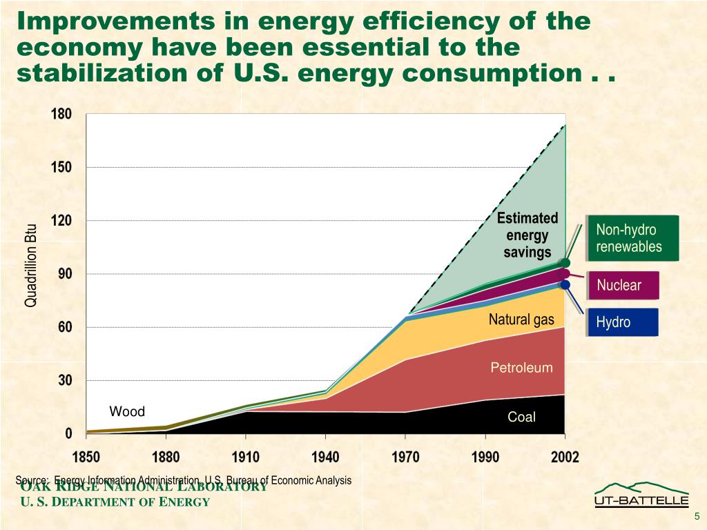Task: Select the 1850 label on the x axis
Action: (x=87, y=457)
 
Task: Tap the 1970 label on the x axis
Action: (x=405, y=457)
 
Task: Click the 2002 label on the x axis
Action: (x=565, y=457)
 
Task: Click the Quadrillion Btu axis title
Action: (x=31, y=266)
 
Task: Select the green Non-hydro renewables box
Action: (x=629, y=238)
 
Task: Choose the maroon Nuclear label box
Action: (x=619, y=285)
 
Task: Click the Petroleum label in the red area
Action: (x=521, y=367)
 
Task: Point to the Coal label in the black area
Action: (x=521, y=417)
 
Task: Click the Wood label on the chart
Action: (x=127, y=412)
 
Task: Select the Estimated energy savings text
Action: (x=527, y=235)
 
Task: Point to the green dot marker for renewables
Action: (x=565, y=262)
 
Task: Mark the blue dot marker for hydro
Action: (x=565, y=284)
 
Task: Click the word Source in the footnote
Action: (x=31, y=480)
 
